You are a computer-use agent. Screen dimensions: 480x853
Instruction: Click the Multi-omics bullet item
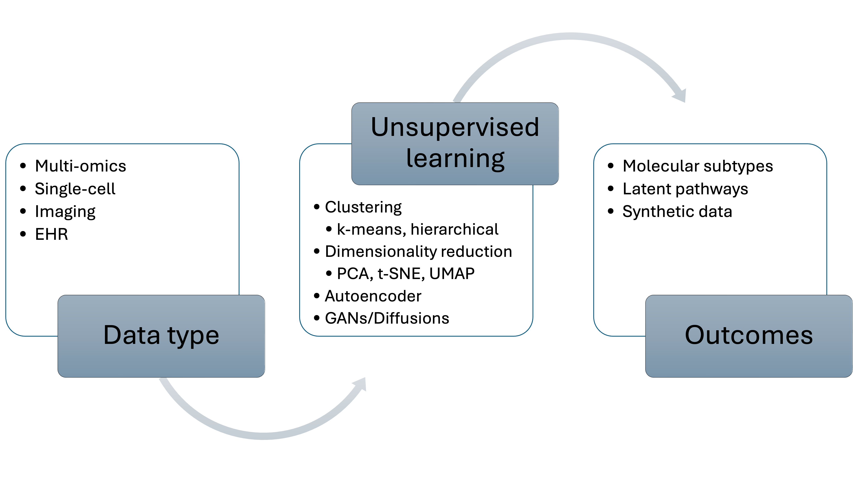[80, 166]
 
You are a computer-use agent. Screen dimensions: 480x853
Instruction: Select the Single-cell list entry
[75, 189]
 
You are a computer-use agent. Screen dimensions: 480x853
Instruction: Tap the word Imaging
[65, 211]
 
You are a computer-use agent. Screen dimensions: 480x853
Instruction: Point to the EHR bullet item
[51, 234]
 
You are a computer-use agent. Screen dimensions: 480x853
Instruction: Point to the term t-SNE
[401, 274]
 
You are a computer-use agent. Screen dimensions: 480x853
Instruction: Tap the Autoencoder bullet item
[373, 296]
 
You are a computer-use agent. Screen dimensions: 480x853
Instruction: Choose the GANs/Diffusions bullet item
[387, 318]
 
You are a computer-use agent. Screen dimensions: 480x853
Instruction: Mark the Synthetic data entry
[677, 211]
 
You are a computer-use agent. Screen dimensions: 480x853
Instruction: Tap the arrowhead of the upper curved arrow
[680, 96]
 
